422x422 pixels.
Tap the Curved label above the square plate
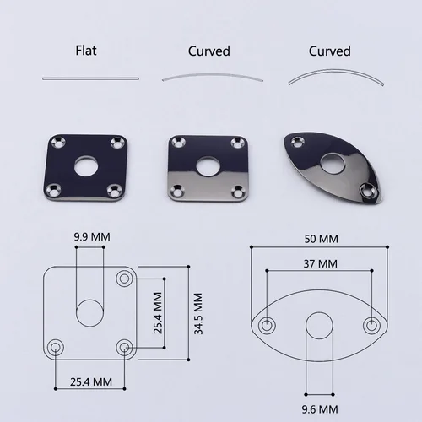(209, 51)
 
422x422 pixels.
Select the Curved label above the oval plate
(329, 51)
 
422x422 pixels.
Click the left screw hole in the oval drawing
(268, 325)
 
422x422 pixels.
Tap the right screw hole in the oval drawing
(371, 325)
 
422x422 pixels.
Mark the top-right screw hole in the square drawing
(125, 278)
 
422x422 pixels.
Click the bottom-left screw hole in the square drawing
(57, 345)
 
